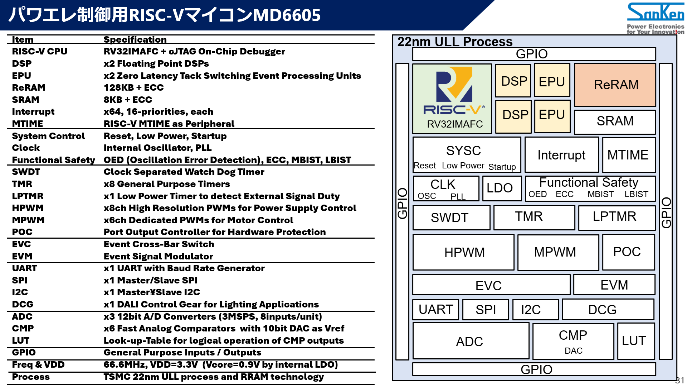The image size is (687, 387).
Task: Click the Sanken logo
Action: (655, 13)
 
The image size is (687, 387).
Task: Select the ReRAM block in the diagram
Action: (615, 85)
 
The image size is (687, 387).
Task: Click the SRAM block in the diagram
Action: (615, 121)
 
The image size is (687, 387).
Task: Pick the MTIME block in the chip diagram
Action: (628, 155)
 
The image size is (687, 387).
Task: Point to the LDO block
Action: (500, 188)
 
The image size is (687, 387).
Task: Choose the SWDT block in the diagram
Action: (450, 218)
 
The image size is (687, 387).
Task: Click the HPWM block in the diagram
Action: (464, 252)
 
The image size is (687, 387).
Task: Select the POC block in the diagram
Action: (627, 252)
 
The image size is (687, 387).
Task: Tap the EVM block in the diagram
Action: (614, 285)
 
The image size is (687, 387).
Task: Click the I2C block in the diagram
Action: (531, 310)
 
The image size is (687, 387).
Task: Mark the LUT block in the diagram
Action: (634, 341)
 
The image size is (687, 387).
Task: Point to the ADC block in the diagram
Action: (469, 341)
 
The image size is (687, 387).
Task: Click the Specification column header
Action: (135, 39)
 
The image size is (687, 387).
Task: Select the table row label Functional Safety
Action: (53, 160)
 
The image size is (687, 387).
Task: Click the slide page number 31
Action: (679, 380)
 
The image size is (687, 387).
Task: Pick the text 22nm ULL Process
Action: (455, 42)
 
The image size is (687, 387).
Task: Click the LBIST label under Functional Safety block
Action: (636, 194)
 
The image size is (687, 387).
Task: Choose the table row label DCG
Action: (23, 304)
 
